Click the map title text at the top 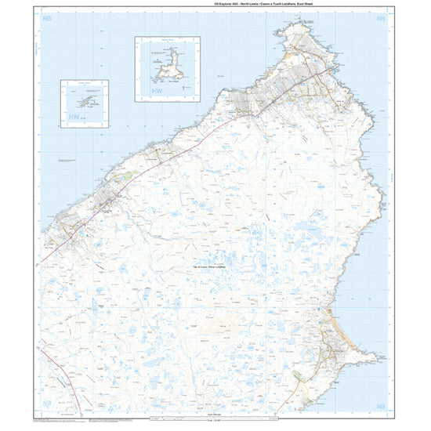(215, 4)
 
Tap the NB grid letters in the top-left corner (49, 17)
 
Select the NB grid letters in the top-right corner (381, 17)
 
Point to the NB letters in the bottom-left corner (49, 406)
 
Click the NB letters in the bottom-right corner (381, 406)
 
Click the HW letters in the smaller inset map (74, 118)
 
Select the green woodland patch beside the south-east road (297, 378)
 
